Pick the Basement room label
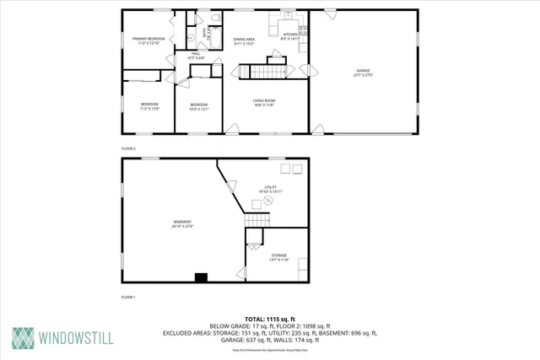183,223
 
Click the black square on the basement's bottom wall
201,277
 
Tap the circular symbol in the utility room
257,202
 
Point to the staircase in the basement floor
256,220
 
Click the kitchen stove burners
304,31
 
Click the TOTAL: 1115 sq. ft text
270,319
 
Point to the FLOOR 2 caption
128,148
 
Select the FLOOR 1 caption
128,297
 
